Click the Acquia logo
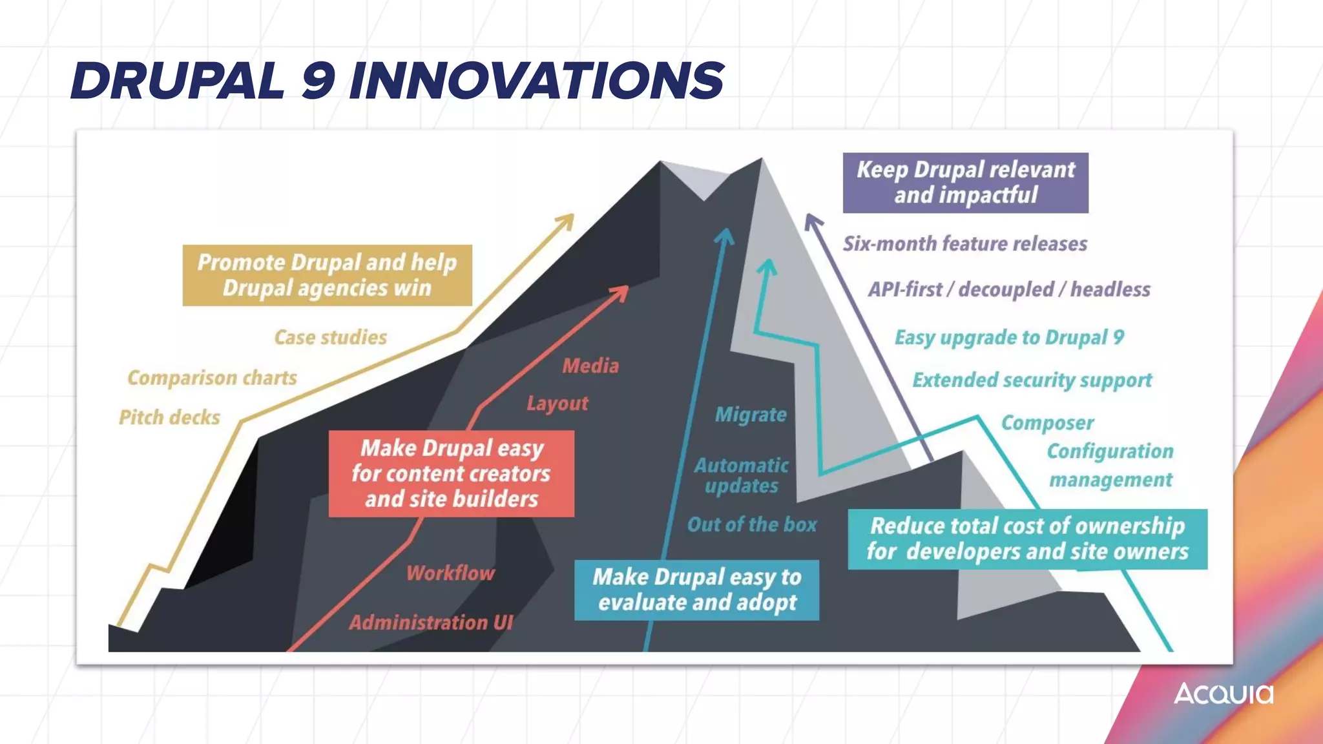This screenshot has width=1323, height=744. click(1223, 694)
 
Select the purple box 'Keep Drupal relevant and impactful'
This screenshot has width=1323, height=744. click(965, 183)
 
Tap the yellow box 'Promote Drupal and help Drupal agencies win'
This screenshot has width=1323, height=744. click(327, 275)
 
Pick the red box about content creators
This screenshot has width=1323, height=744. click(451, 473)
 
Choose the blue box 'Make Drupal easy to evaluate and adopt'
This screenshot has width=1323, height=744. click(696, 590)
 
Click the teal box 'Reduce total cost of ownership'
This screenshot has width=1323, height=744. click(1027, 539)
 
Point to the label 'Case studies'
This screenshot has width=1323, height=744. click(330, 337)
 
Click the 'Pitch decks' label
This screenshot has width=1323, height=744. click(169, 417)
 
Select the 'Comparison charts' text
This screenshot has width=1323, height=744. click(212, 377)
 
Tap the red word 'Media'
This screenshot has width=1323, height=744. click(590, 366)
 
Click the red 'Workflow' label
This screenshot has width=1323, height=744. click(450, 573)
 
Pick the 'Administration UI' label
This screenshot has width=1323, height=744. click(431, 622)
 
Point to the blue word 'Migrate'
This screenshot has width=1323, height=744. click(751, 414)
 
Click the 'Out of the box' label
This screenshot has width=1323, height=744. click(752, 524)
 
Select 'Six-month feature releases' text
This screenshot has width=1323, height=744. click(964, 243)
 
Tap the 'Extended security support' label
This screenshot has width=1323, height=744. click(1032, 380)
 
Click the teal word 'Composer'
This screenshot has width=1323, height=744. click(1047, 422)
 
